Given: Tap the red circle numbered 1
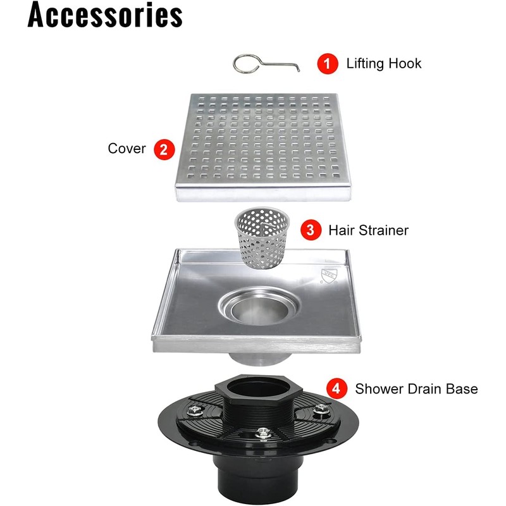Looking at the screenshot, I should pos(326,63).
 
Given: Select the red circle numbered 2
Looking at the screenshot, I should pos(163,149).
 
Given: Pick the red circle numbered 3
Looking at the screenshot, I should pos(309,230).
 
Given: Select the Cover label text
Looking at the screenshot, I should pos(126,149).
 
